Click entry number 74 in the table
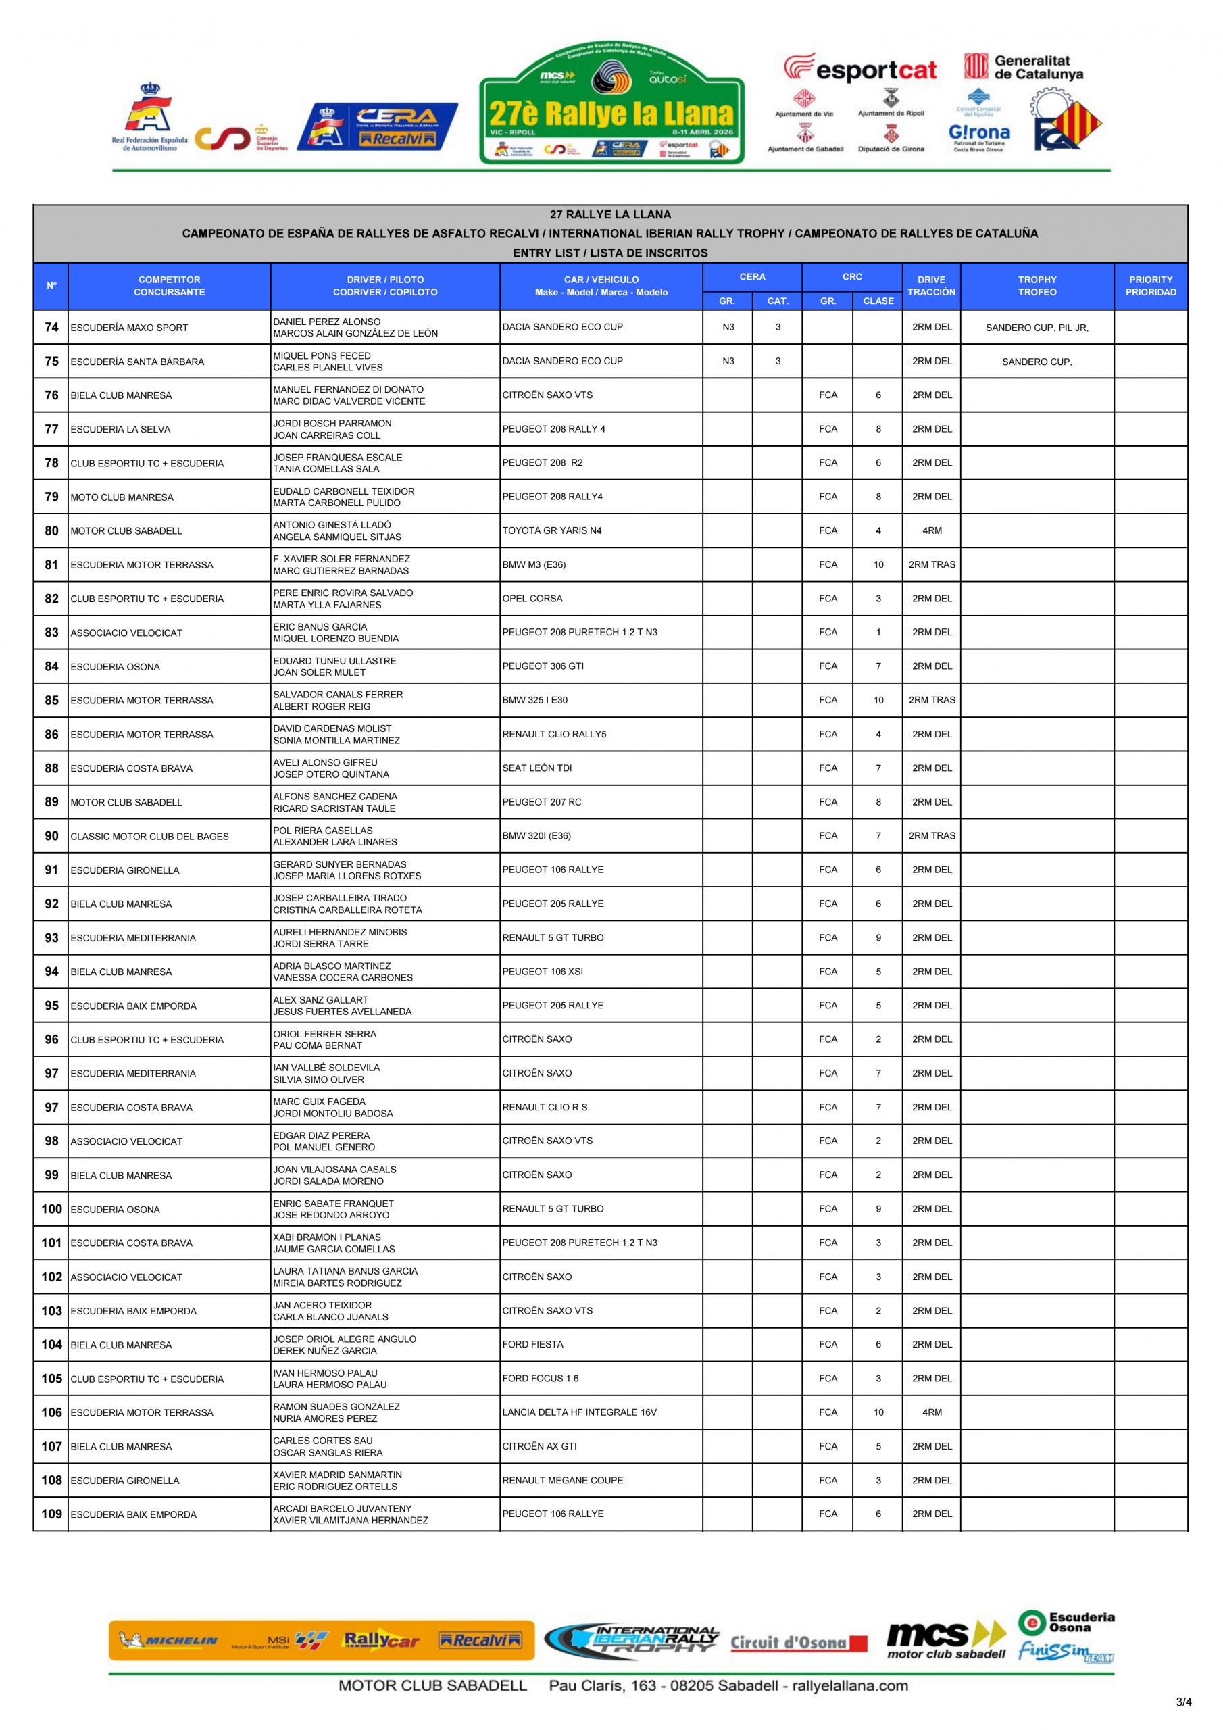point(51,327)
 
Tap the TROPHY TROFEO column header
point(1037,286)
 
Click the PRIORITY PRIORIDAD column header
point(1150,286)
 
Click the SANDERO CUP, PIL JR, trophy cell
point(1037,327)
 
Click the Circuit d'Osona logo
point(798,1643)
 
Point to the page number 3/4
point(1183,1702)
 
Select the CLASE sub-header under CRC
point(878,301)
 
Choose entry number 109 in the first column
point(51,1514)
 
